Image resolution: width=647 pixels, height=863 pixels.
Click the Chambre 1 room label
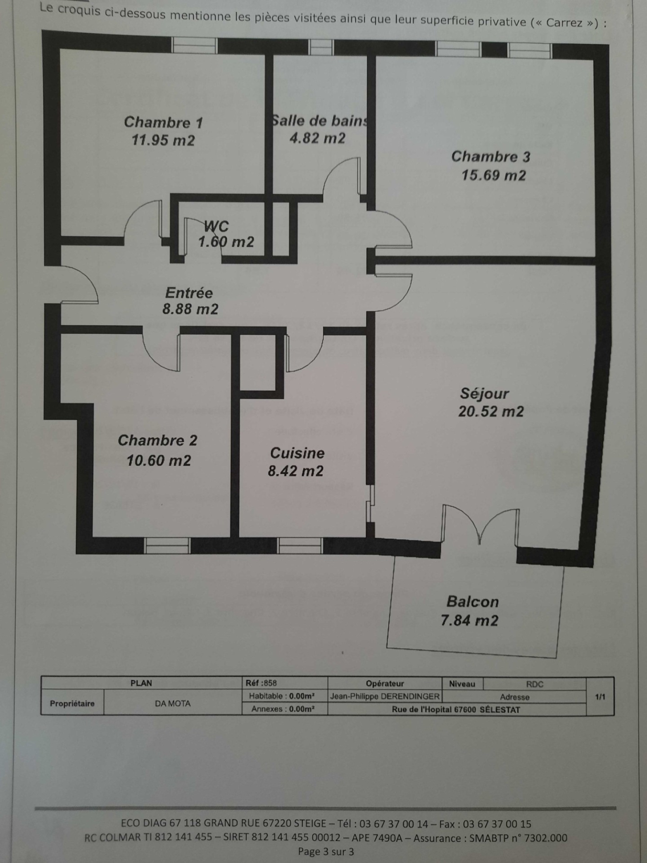click(x=163, y=122)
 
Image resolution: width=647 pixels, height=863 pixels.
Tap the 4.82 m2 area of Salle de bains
click(x=317, y=139)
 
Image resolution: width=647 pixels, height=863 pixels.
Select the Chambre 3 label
click(x=491, y=157)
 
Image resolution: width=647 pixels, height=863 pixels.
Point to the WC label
click(x=216, y=226)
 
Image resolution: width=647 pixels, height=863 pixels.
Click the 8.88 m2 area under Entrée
click(x=190, y=310)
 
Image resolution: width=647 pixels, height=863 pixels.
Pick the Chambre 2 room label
click(x=158, y=441)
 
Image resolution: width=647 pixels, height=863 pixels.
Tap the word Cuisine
click(x=297, y=453)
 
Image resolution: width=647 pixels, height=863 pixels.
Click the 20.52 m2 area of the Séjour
click(x=491, y=412)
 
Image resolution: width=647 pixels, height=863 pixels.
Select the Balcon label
click(x=472, y=602)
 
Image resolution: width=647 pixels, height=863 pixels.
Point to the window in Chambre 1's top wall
click(x=195, y=45)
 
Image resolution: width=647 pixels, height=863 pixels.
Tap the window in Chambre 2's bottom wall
click(x=167, y=546)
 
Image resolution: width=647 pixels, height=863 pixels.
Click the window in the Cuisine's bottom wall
click(x=300, y=546)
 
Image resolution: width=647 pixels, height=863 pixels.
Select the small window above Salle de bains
click(x=321, y=47)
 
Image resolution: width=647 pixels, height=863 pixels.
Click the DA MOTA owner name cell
click(x=173, y=704)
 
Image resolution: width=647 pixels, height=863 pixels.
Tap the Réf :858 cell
click(x=261, y=683)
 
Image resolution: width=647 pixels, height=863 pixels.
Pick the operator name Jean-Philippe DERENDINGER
click(x=385, y=696)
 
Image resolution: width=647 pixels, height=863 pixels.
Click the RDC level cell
click(x=535, y=684)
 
